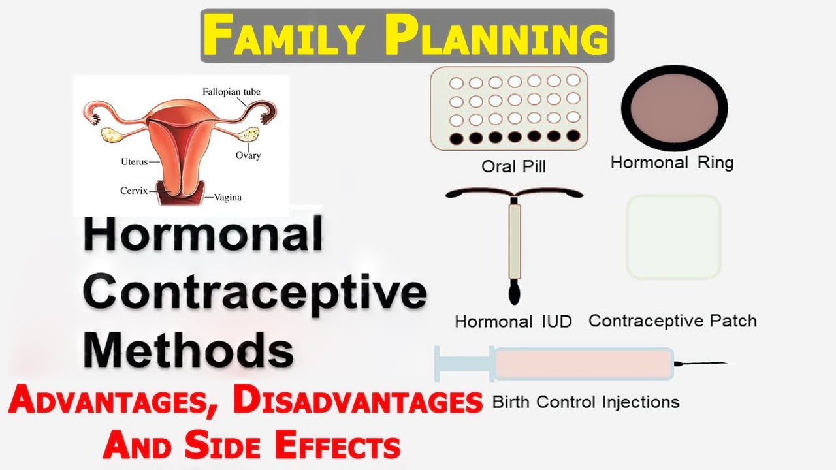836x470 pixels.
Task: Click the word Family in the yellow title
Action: point(283,35)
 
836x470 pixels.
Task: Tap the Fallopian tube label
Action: point(231,92)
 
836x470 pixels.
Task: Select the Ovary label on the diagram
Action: point(248,155)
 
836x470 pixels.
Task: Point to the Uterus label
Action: point(135,162)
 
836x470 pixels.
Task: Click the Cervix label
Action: point(134,191)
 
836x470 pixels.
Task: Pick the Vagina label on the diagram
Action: point(228,197)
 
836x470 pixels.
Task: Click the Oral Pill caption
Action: point(513,166)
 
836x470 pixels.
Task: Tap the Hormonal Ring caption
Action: point(672,163)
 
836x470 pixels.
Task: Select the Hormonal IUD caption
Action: point(513,322)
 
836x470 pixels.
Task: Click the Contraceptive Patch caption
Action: point(673,321)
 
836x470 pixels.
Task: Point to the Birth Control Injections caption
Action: point(586,402)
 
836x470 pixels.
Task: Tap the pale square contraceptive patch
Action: point(674,237)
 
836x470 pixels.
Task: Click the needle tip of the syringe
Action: point(727,363)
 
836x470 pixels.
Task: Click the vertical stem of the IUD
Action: point(515,242)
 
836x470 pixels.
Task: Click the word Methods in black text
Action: point(188,351)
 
